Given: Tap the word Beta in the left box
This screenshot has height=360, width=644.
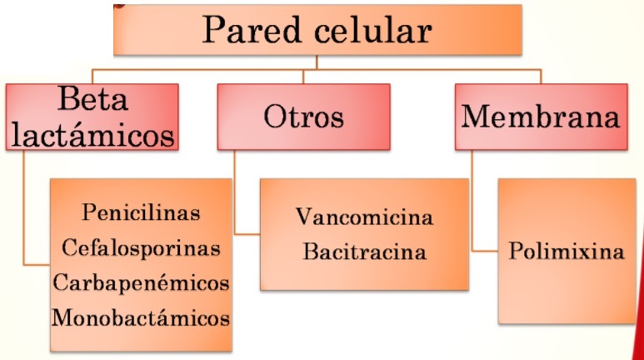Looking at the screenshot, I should [x=94, y=101].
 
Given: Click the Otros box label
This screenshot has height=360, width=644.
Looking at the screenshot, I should [x=303, y=117].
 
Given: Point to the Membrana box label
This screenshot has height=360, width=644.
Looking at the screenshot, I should [x=541, y=117].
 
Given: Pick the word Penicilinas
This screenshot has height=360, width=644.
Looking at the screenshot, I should [x=142, y=212].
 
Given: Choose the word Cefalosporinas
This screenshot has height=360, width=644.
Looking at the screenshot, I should [x=142, y=247].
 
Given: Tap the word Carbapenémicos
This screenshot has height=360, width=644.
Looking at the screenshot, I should [x=142, y=282].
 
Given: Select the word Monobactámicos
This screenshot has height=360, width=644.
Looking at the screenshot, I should [x=142, y=317].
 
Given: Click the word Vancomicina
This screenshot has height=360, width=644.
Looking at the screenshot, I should [x=364, y=218].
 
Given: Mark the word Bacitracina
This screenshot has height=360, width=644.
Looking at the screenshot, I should [x=364, y=251].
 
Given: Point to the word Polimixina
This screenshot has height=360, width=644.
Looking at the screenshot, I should [x=567, y=251].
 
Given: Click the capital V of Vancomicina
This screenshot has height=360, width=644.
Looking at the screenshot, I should [x=304, y=218].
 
